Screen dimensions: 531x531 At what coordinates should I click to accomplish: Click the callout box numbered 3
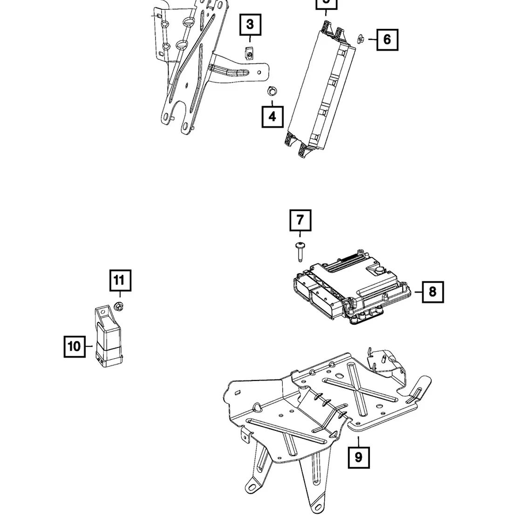(x=250, y=25)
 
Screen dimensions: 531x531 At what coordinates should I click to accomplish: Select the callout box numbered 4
(x=272, y=116)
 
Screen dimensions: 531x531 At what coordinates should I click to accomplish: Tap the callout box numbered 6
(x=387, y=39)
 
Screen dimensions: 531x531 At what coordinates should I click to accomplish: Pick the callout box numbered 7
(x=300, y=220)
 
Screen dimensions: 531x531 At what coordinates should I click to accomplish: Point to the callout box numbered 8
(x=433, y=292)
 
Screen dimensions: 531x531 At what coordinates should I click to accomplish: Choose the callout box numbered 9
(x=358, y=457)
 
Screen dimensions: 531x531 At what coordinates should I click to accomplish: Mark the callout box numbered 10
(x=75, y=347)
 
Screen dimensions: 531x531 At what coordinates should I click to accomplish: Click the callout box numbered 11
(x=120, y=280)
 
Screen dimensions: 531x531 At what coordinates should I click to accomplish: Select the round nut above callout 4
(x=271, y=90)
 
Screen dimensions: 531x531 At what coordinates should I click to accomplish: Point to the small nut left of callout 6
(x=361, y=38)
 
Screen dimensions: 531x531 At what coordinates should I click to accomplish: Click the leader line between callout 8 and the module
(x=418, y=292)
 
